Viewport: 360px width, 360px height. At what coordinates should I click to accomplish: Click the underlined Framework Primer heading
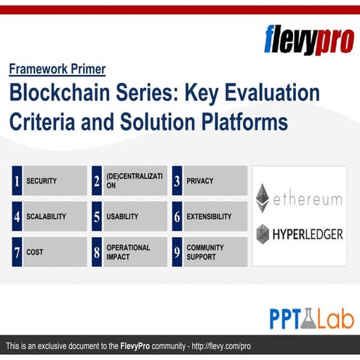click(57, 70)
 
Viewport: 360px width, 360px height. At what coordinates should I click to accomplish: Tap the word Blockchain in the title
click(60, 95)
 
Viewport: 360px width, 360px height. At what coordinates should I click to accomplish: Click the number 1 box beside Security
click(17, 180)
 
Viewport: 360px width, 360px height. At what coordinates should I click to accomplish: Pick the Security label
click(41, 180)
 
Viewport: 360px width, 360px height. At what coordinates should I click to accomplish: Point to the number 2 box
click(97, 180)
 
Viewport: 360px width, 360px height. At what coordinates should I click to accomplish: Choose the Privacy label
click(200, 180)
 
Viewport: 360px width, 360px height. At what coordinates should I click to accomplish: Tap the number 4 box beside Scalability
click(17, 216)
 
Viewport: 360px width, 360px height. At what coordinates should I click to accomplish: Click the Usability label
click(122, 216)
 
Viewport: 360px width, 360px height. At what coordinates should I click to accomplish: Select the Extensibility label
click(209, 216)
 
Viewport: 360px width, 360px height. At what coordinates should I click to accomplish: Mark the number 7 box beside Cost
click(17, 252)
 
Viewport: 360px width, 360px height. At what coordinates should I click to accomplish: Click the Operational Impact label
click(128, 252)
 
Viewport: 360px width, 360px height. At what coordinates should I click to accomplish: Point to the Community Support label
click(204, 252)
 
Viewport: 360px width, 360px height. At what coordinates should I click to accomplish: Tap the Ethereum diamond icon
click(263, 198)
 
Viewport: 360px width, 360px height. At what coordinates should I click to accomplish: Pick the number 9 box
click(177, 252)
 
